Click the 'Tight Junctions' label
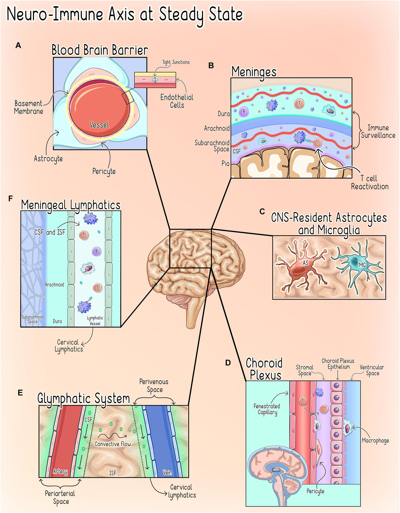click(x=176, y=62)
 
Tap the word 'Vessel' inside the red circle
click(x=99, y=125)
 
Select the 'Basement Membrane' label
click(x=29, y=107)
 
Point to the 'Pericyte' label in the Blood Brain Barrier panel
click(x=104, y=171)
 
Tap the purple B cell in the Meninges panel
click(x=244, y=112)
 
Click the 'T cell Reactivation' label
click(x=369, y=182)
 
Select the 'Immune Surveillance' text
click(x=378, y=131)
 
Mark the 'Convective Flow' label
click(x=113, y=444)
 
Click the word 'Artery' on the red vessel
click(x=60, y=472)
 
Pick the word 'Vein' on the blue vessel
click(x=167, y=472)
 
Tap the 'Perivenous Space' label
click(x=154, y=386)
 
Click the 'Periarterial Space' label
click(x=60, y=497)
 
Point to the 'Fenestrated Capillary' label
click(x=267, y=409)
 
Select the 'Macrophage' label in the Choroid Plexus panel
click(x=375, y=440)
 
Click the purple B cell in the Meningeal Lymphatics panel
click(x=96, y=251)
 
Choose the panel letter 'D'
click(x=228, y=363)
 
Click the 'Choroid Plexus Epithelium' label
click(x=338, y=364)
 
